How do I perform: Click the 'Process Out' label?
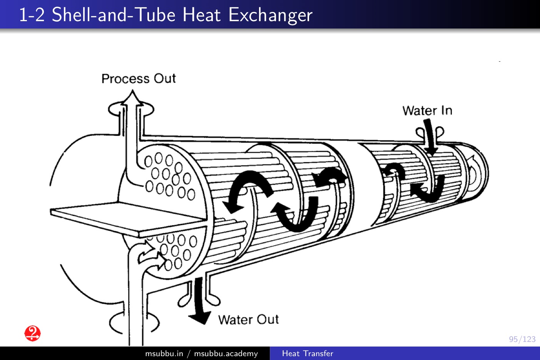pos(139,79)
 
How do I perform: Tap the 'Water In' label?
pos(427,111)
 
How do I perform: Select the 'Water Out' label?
pos(248,320)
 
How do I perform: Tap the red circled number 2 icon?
pos(33,333)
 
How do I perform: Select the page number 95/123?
pos(522,339)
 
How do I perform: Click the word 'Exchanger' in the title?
pos(270,15)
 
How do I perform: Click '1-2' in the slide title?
pos(32,15)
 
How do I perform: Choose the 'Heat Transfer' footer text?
pos(308,353)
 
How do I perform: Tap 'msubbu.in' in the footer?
pos(164,353)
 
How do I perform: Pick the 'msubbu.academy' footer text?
pos(226,353)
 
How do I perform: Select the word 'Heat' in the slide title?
pos(202,15)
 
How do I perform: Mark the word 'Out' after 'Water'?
pos(267,320)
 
